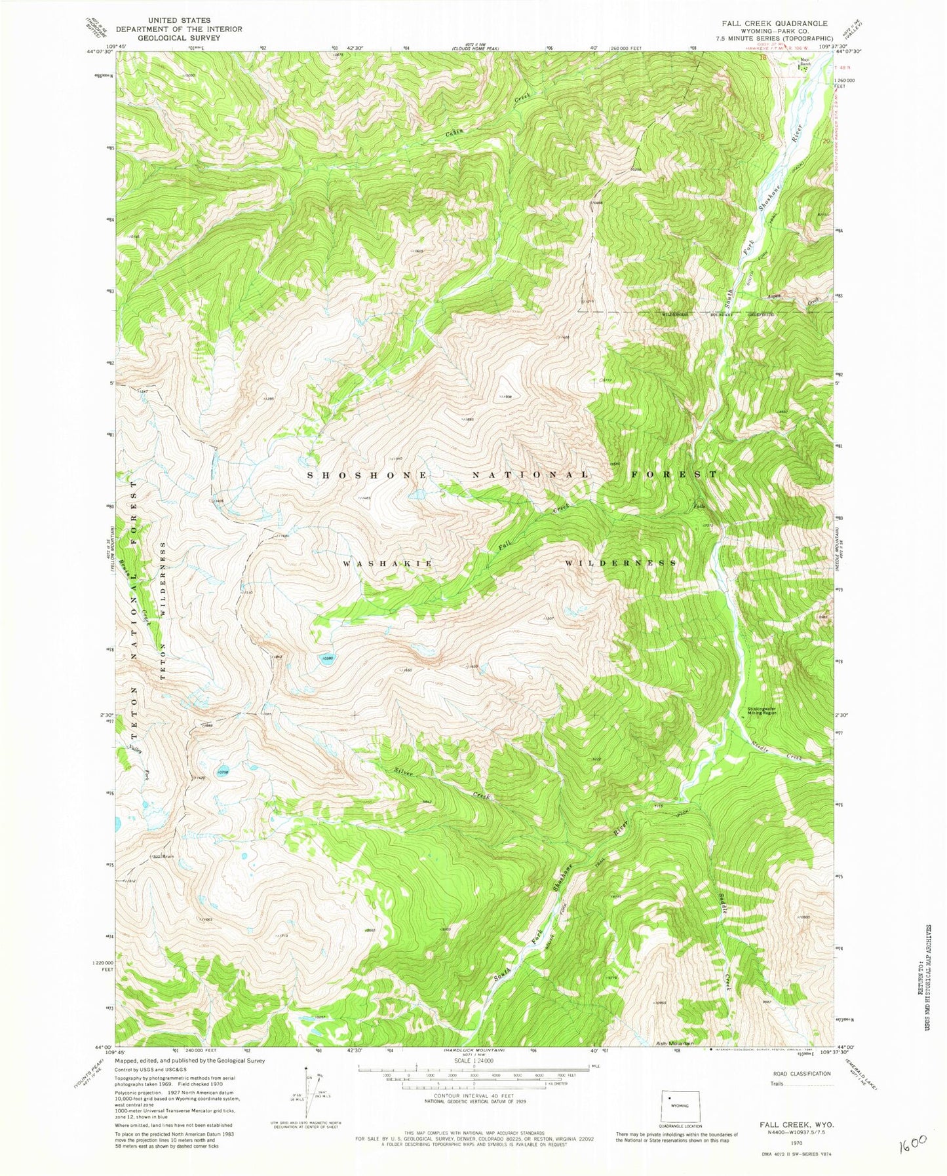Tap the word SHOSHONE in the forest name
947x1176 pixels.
pyautogui.click(x=368, y=474)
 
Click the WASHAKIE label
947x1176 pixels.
pyautogui.click(x=387, y=563)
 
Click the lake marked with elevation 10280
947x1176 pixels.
pyautogui.click(x=326, y=660)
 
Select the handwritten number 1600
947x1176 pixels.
pyautogui.click(x=914, y=1144)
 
